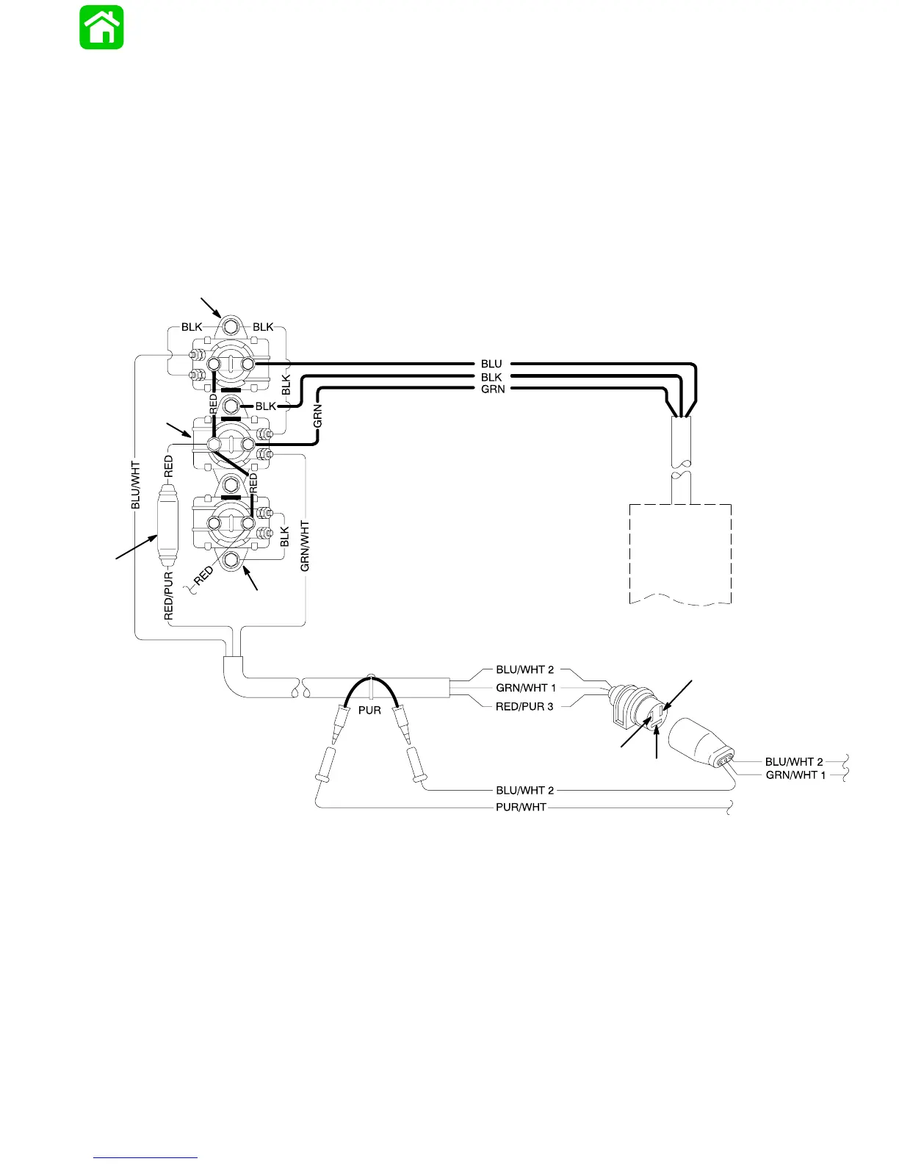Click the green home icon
[101, 28]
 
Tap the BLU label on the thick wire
[491, 364]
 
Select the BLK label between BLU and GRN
[491, 377]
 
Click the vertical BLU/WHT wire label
[135, 485]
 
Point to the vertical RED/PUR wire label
[169, 595]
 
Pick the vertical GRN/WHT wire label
[305, 546]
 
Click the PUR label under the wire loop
[369, 711]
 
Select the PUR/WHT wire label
[521, 807]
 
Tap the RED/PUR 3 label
[524, 706]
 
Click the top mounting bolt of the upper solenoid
[231, 326]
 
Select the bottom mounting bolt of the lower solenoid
[231, 561]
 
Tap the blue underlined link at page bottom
[146, 1157]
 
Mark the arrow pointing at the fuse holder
[137, 547]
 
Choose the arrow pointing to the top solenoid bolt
[210, 307]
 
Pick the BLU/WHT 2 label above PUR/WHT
[524, 791]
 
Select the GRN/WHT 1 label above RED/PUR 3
[526, 688]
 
